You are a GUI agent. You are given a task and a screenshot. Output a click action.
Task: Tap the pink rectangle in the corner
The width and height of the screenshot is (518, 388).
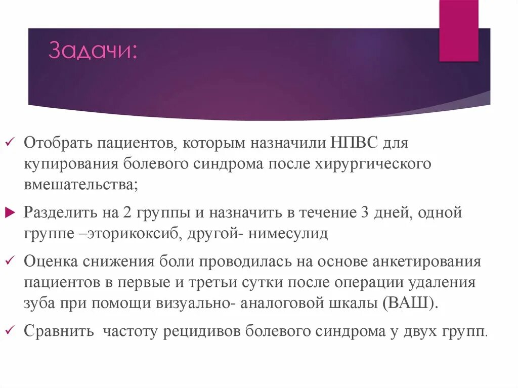(458, 30)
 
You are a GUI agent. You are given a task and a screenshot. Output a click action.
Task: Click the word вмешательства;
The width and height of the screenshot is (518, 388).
(80, 185)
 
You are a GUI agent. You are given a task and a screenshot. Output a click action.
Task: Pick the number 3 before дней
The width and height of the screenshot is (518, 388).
(365, 212)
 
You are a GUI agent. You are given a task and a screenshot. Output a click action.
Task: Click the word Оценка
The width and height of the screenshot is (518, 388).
(51, 262)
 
